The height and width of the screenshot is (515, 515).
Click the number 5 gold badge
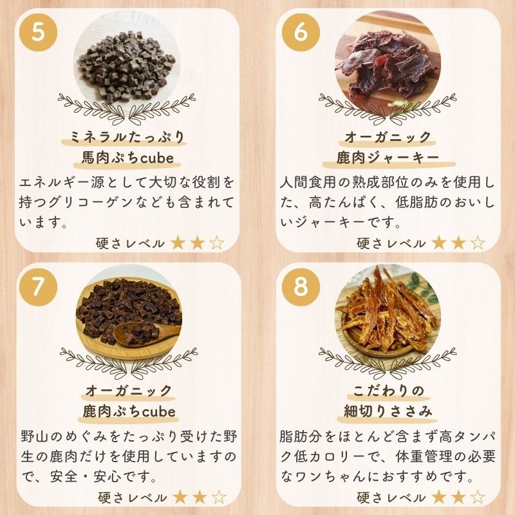[x=39, y=32]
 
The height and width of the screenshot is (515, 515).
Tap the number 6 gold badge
[x=301, y=32]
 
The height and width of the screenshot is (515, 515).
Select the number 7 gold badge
[x=39, y=286]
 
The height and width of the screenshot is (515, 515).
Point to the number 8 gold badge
[x=301, y=286]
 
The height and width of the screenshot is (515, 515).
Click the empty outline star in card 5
[x=217, y=243]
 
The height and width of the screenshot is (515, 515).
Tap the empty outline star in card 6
[x=478, y=243]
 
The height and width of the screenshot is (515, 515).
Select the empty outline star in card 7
[x=219, y=498]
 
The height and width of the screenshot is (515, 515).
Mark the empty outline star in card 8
[x=478, y=498]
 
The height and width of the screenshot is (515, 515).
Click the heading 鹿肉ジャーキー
[x=388, y=158]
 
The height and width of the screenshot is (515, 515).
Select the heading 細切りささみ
[x=388, y=411]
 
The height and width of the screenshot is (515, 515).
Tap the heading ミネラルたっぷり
[x=127, y=137]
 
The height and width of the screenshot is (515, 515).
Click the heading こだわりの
[x=388, y=391]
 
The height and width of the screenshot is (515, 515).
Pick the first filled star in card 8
[x=439, y=498]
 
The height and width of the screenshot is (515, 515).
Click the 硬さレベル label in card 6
[x=391, y=244]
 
